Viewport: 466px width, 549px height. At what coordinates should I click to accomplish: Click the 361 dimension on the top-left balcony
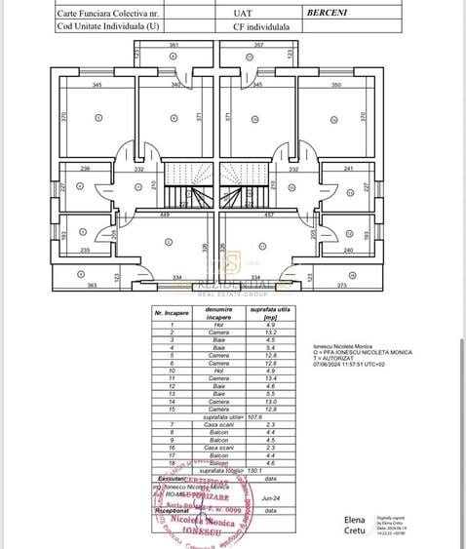[173, 46]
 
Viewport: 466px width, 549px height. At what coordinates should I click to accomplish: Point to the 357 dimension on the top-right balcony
[258, 46]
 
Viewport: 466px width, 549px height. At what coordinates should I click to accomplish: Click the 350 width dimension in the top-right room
[335, 86]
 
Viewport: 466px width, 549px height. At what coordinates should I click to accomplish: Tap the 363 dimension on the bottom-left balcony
[65, 285]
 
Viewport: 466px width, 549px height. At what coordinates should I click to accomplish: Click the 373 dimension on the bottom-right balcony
[369, 285]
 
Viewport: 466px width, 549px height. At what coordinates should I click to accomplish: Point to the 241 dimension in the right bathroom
[349, 168]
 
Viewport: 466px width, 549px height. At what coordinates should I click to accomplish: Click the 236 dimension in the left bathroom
[85, 168]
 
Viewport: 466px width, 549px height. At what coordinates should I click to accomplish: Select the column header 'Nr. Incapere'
[172, 313]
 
